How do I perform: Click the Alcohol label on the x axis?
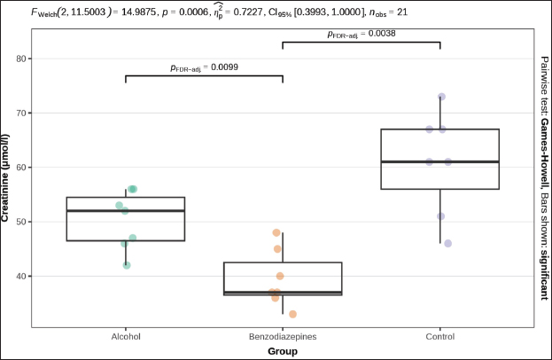tap(125, 337)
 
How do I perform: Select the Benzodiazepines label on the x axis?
tap(282, 337)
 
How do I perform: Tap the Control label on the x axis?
tap(439, 337)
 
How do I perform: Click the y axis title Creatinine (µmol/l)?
tap(8, 177)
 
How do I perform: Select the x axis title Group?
tap(282, 351)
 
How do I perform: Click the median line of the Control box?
tap(439, 161)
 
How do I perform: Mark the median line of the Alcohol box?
tap(125, 211)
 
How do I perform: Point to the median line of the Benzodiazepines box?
tap(282, 292)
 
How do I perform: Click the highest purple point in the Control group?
tap(441, 97)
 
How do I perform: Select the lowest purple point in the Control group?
tap(447, 243)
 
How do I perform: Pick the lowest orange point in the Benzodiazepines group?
tap(292, 314)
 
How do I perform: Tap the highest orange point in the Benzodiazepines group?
tap(276, 232)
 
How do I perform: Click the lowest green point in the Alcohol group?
tap(127, 265)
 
